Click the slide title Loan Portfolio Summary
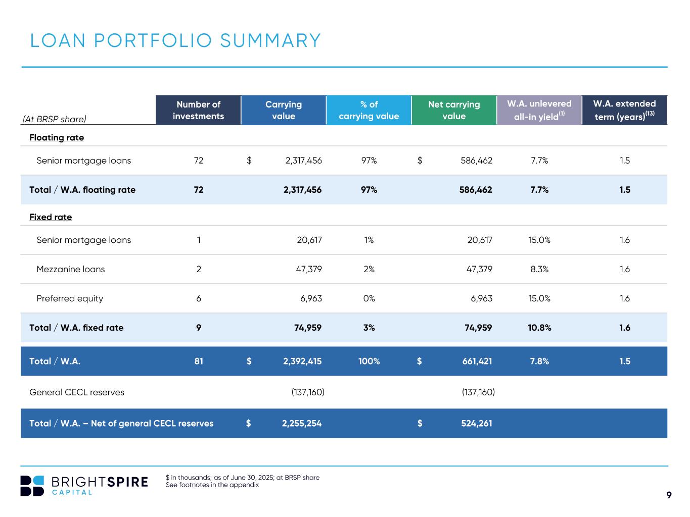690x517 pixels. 175,40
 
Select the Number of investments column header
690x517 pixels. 198,110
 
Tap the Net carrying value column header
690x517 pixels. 454,110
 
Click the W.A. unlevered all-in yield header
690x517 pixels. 539,110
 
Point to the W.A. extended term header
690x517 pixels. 624,110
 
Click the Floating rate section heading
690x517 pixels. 57,137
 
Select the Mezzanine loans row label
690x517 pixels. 71,269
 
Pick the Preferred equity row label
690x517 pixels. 70,298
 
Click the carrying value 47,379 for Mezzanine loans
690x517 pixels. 309,269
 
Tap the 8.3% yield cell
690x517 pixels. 539,269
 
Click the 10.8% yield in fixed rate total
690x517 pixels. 539,328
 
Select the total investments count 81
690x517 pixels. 199,361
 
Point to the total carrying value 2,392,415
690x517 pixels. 302,361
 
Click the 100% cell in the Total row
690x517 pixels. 369,361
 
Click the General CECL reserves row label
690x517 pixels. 77,392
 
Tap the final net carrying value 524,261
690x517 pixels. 476,423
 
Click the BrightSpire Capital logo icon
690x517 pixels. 32,486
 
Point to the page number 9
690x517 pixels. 669,495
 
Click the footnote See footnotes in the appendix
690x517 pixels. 212,485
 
